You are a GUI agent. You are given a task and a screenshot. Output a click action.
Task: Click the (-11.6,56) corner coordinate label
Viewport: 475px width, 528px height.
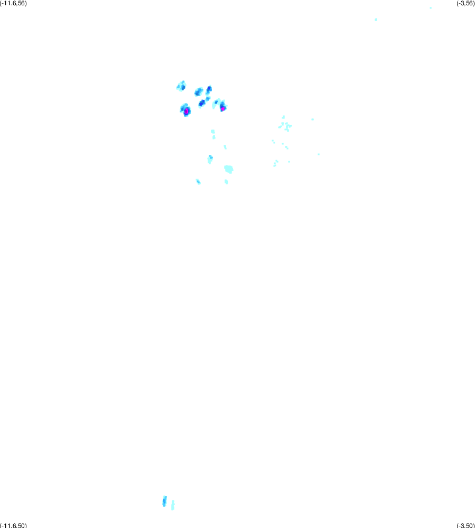point(13,3)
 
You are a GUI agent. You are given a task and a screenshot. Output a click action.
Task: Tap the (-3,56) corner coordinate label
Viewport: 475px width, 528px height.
point(465,3)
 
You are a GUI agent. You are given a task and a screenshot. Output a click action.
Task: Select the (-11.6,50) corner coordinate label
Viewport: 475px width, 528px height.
point(13,525)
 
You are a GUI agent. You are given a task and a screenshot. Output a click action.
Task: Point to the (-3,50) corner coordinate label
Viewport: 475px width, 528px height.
point(465,525)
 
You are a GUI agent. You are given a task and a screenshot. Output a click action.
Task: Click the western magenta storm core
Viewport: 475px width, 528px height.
point(187,111)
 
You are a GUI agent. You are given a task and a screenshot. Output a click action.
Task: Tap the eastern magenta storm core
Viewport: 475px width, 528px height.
point(222,108)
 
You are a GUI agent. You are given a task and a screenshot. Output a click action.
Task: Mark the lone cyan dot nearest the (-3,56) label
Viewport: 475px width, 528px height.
point(431,8)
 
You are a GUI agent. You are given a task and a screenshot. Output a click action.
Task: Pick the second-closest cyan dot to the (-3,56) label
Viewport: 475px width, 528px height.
point(376,20)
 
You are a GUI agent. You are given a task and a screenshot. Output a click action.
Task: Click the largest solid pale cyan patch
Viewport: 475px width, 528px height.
point(229,169)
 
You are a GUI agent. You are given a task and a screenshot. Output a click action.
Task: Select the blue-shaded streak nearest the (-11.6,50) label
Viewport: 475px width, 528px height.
point(164,501)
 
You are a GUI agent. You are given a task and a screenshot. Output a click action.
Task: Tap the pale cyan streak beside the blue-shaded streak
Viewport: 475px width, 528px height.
point(173,505)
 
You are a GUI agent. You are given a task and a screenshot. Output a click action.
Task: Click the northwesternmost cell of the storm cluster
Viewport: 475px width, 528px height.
point(182,86)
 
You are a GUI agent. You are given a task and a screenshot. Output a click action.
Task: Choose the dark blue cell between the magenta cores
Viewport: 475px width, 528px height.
point(202,103)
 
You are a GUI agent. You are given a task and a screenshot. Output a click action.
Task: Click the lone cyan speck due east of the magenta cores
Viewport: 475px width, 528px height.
point(313,119)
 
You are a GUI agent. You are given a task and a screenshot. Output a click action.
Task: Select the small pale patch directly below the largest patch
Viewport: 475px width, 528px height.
point(227,182)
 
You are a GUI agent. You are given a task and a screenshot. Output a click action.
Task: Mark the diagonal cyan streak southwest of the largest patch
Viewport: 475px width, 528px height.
point(198,182)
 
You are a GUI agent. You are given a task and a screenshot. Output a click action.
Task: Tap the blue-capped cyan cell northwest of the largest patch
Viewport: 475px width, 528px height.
point(210,159)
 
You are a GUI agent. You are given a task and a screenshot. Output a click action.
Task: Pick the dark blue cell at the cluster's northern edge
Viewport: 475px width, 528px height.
point(209,89)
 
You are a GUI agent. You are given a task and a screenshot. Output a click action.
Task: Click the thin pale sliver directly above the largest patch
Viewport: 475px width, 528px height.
point(225,147)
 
